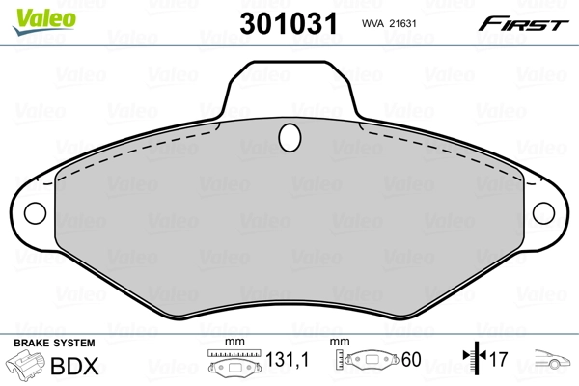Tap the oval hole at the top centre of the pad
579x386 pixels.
pos(289,139)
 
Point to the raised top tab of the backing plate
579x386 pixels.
pos(289,92)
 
